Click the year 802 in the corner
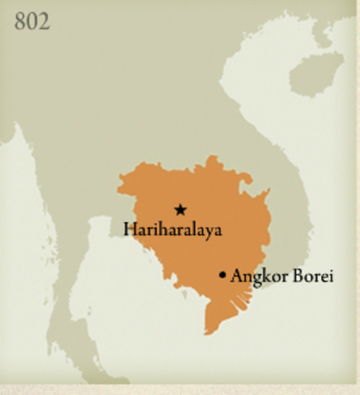(x=32, y=21)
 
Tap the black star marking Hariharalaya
(x=180, y=210)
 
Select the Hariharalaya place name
(x=173, y=230)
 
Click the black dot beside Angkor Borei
(x=222, y=275)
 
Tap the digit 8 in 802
(x=21, y=21)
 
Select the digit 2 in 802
(x=44, y=21)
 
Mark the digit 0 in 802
(x=32, y=21)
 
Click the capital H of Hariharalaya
(x=130, y=229)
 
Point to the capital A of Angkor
(x=237, y=276)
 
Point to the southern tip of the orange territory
(x=209, y=332)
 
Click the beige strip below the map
(x=180, y=388)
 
